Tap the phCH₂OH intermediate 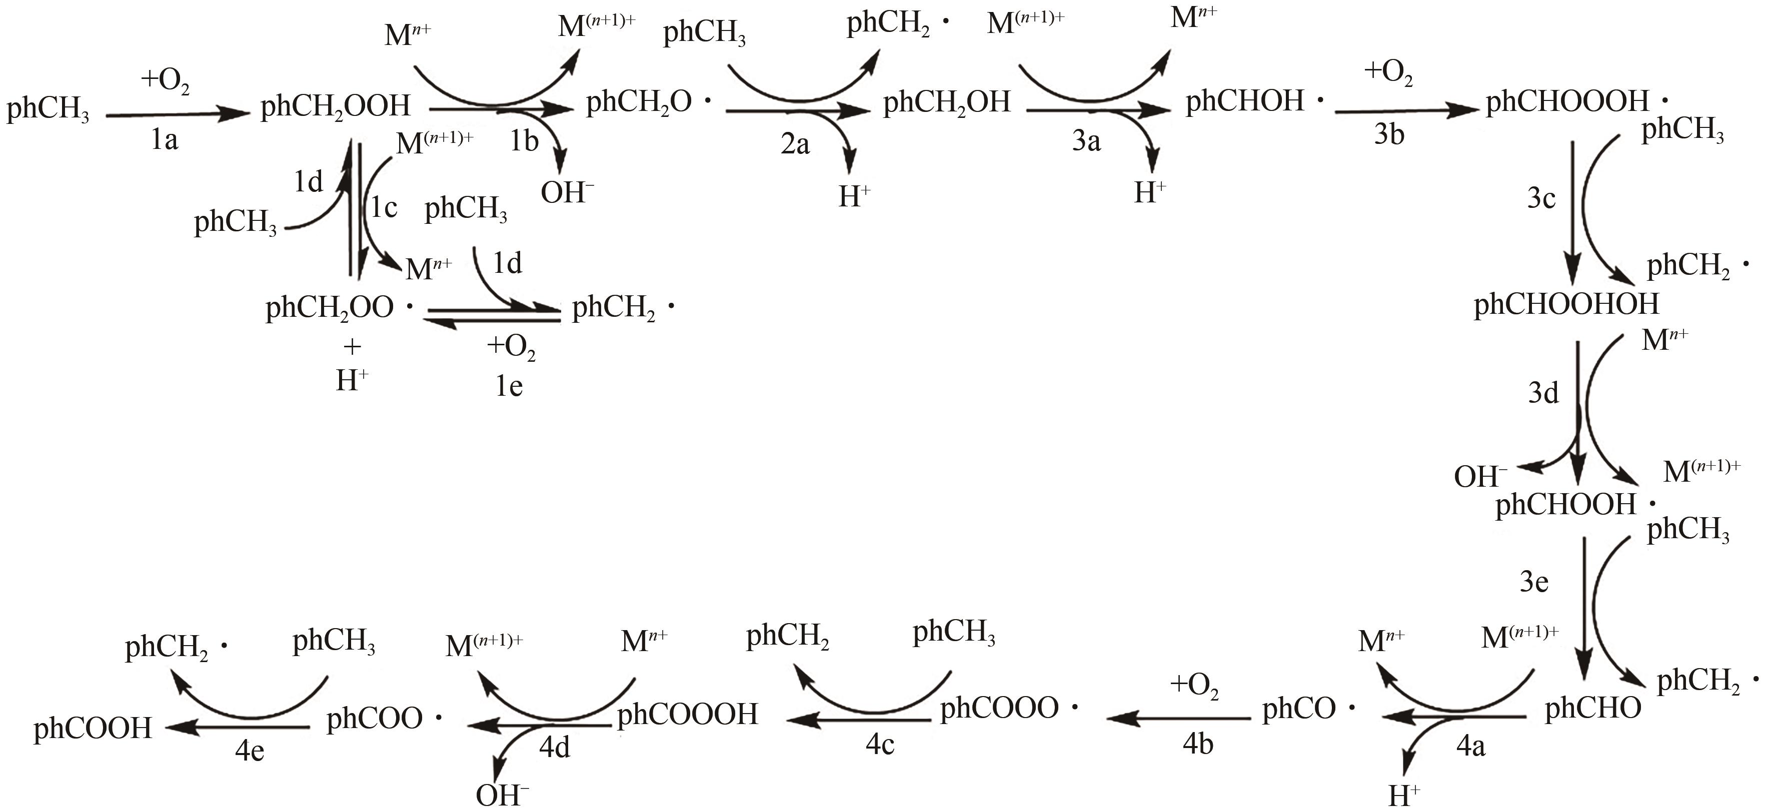[946, 103]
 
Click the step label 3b [1389, 135]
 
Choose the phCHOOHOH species [1566, 304]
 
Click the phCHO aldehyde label [1593, 709]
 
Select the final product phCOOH [93, 729]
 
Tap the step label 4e [250, 751]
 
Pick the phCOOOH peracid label [687, 715]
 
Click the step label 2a [795, 144]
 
